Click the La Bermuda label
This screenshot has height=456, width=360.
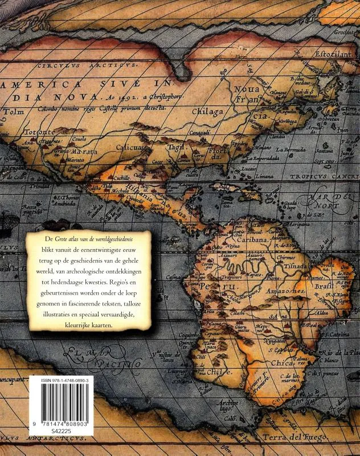293,149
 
